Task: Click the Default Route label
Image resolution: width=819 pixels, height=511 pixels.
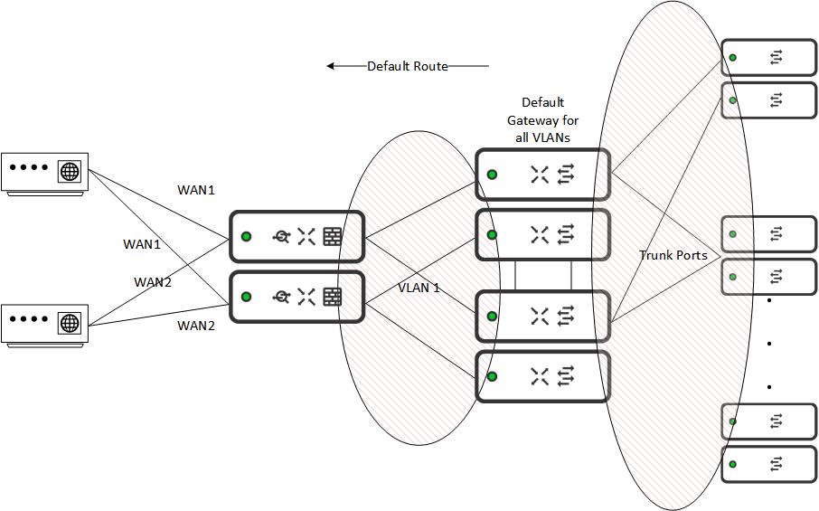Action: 407,66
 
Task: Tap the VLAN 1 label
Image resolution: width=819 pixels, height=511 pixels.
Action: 419,288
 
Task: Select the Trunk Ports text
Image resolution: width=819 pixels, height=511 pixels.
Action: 673,255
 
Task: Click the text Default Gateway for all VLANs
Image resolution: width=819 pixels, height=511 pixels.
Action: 542,120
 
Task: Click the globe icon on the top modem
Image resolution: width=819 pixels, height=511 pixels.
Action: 69,170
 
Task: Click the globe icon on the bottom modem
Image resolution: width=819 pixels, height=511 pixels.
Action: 69,322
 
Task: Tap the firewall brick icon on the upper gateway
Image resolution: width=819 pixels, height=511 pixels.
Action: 333,237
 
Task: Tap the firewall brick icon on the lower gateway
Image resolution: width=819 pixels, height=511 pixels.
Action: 333,296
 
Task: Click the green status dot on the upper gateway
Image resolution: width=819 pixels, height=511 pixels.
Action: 246,237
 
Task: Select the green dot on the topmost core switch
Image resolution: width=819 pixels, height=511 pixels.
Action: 492,174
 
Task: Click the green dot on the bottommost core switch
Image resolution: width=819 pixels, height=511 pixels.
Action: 492,376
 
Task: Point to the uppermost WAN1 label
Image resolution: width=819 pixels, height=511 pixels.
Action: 196,190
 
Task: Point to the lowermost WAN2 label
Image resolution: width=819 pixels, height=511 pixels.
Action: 196,326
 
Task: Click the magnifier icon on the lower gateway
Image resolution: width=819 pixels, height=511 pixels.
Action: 281,296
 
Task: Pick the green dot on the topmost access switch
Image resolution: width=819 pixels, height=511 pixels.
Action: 733,58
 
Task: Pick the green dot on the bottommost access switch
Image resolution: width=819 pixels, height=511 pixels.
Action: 733,464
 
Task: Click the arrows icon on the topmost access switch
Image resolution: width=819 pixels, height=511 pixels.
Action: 776,58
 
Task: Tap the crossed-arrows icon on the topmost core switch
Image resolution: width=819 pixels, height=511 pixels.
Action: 540,175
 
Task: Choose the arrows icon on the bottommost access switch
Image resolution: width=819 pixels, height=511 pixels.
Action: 776,464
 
